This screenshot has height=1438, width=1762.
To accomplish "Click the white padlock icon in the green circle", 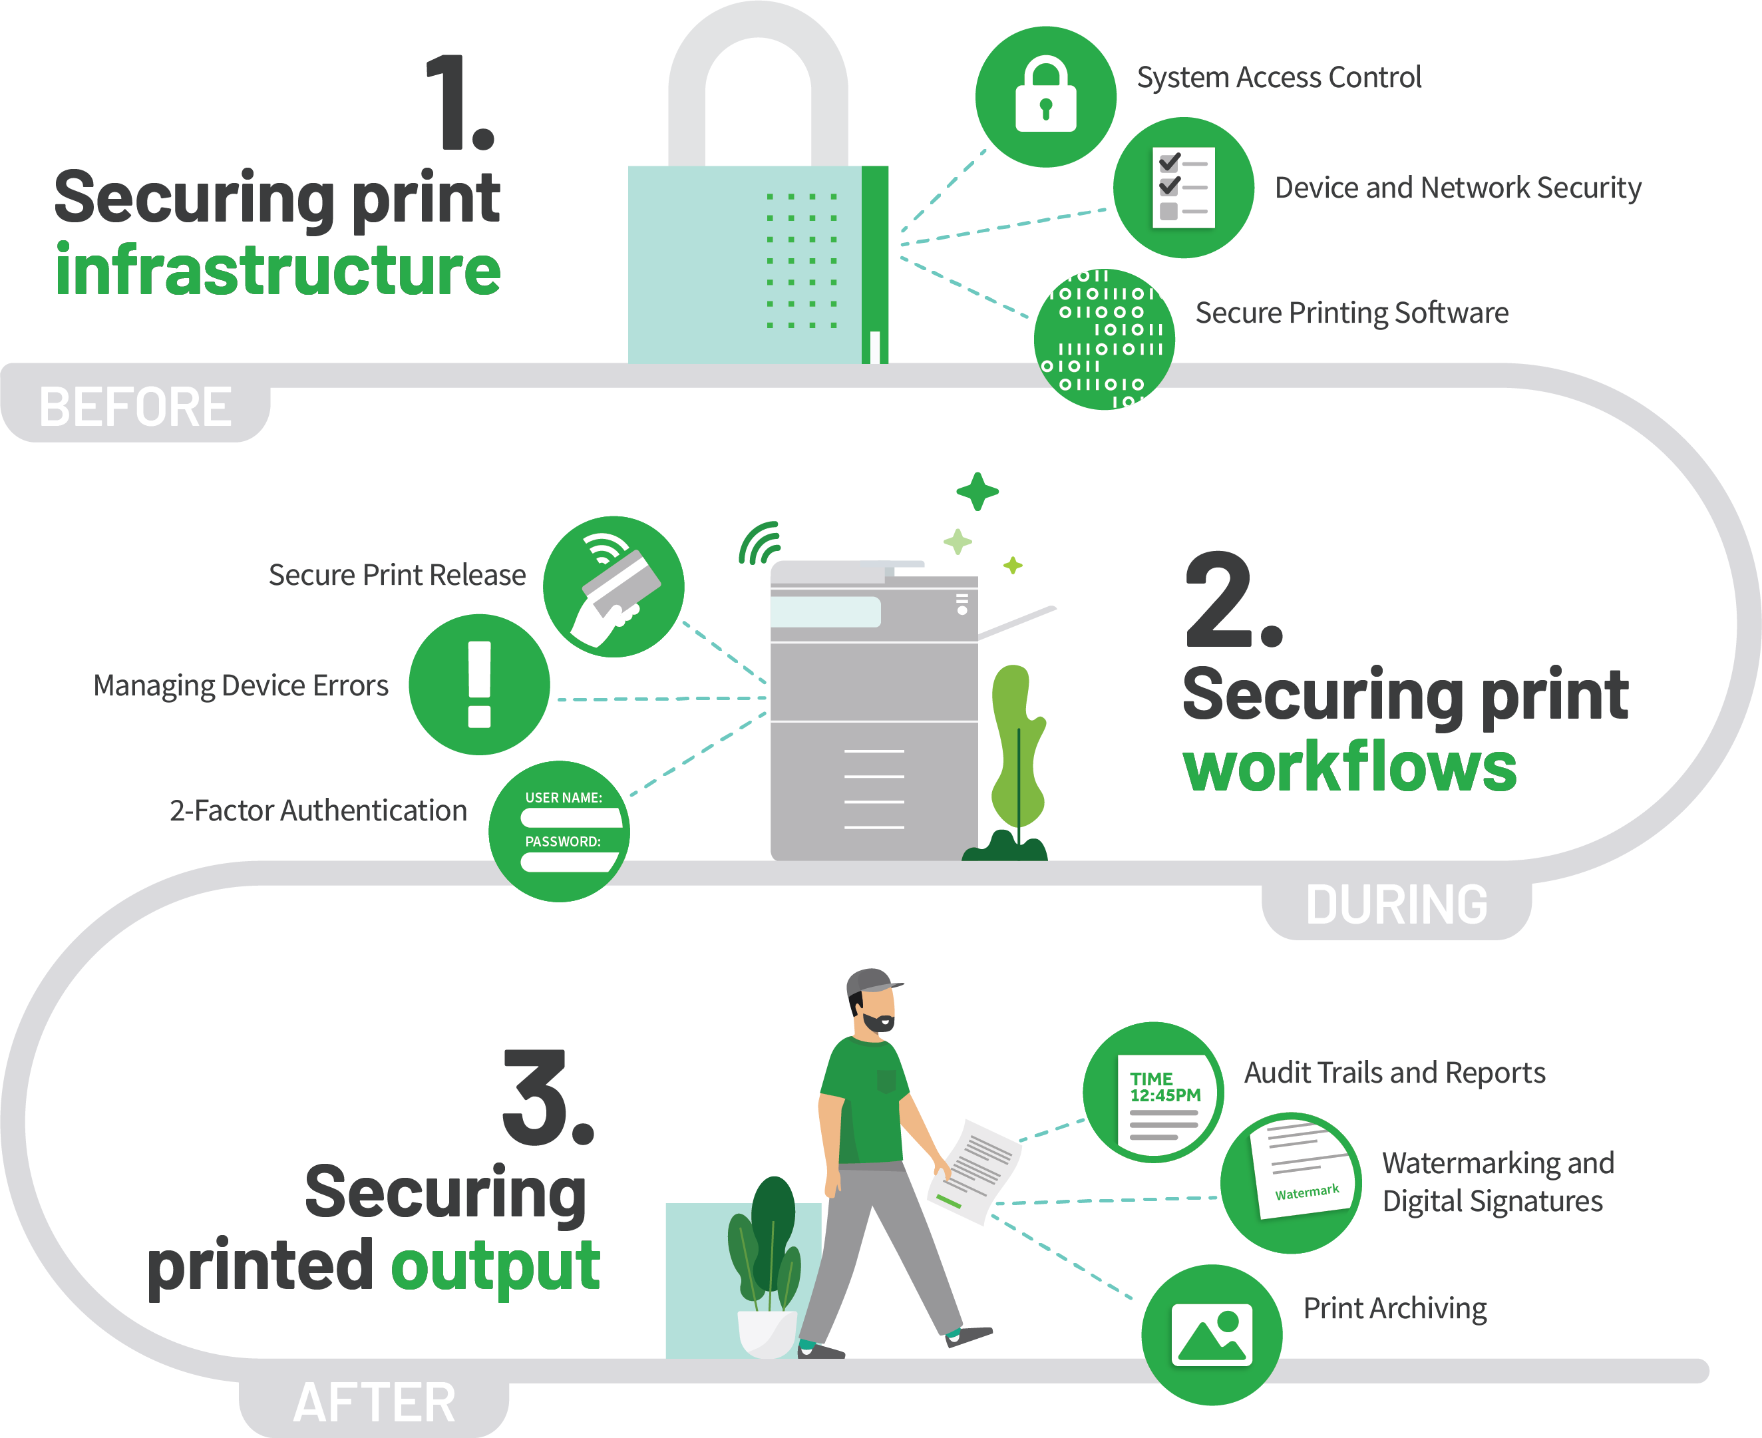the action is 1045,95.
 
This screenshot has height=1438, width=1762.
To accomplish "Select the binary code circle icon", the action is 1105,339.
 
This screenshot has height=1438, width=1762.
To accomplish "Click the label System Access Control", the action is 1278,77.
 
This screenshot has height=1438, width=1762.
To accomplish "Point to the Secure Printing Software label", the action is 1351,313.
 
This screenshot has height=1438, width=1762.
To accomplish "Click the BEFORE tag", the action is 135,406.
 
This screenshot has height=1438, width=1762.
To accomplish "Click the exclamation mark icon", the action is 480,684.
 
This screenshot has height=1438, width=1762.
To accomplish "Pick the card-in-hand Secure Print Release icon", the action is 614,586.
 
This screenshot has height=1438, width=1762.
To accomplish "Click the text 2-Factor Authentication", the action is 318,810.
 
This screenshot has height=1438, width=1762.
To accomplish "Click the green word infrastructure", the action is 278,270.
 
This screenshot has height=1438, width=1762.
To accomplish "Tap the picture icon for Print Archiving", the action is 1212,1334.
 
